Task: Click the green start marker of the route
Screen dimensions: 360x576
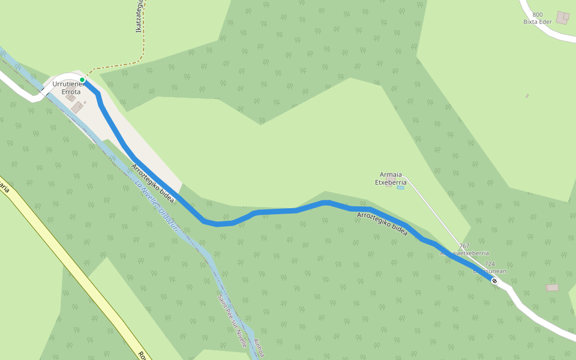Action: coord(82,80)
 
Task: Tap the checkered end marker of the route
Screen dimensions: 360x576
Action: coord(494,281)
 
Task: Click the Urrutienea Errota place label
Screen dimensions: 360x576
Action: coord(66,88)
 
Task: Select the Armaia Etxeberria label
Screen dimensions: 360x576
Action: coord(391,178)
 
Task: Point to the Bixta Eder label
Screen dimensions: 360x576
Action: coord(537,22)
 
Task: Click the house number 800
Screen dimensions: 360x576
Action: coord(537,15)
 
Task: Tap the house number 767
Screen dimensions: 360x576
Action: coord(464,246)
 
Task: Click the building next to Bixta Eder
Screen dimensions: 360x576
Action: coord(563,18)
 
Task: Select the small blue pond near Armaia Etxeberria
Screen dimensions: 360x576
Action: coord(400,188)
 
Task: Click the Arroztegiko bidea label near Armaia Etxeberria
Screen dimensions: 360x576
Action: coord(382,223)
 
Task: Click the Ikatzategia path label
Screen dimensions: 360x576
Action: coord(139,17)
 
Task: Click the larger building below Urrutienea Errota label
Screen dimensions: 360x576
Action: coord(77,107)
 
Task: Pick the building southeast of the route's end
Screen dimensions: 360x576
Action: coord(553,288)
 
